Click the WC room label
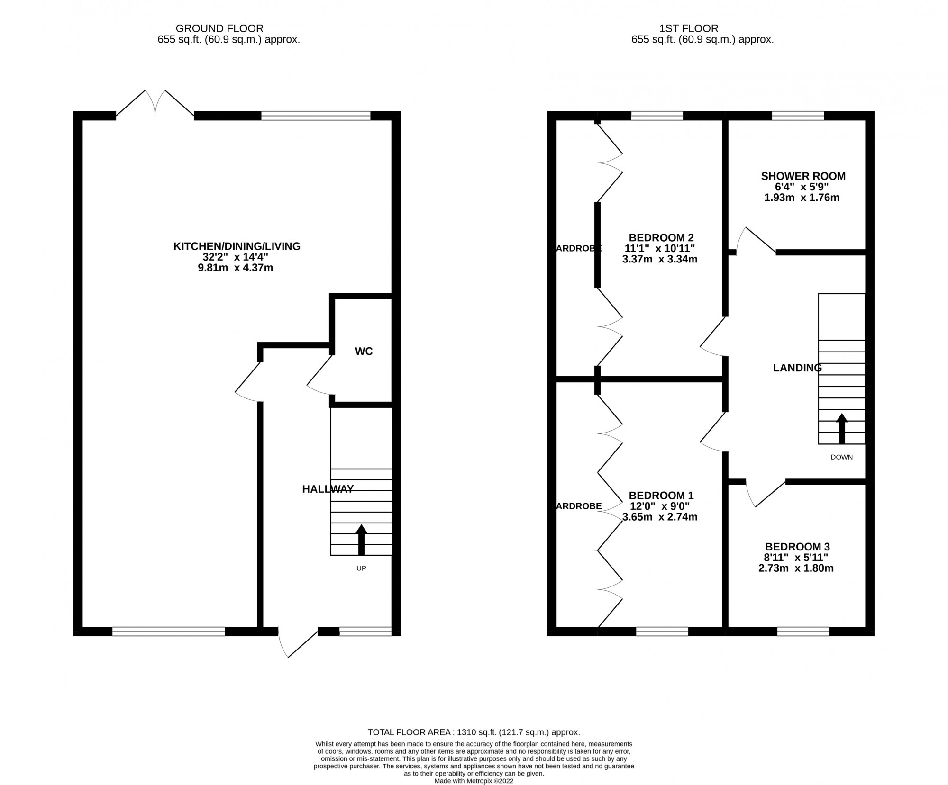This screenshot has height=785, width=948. point(364,351)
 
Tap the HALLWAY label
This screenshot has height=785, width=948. point(328,489)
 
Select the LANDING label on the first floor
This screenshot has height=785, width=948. point(797,368)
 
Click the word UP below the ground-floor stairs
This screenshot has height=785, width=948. point(361,568)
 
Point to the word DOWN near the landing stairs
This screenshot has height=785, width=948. point(842,457)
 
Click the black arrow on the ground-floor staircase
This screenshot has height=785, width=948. point(361,540)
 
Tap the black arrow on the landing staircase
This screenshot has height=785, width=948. point(842,429)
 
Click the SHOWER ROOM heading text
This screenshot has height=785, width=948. point(803,176)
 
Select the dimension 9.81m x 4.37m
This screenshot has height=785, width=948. point(236,268)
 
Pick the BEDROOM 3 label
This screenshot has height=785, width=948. point(797,547)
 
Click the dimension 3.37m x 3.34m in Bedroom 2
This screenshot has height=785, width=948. point(660,259)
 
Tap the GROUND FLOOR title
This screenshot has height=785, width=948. point(219,28)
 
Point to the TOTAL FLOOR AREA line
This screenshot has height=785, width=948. point(474,732)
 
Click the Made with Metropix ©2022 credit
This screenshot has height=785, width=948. point(474,781)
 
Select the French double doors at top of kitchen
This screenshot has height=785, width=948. point(155,103)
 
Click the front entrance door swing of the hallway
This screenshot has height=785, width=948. point(298,643)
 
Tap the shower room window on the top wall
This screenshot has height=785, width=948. point(798,116)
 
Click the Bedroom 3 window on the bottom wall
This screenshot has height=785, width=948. point(803,631)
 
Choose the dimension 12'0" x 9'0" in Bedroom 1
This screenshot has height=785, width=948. point(660,506)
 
